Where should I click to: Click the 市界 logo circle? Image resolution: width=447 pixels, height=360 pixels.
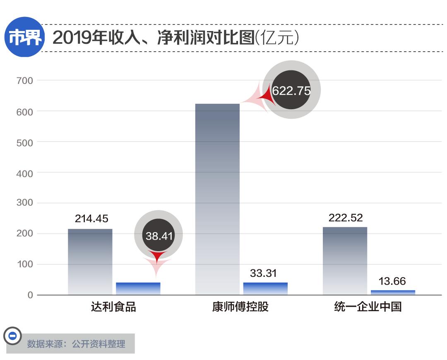click(24, 38)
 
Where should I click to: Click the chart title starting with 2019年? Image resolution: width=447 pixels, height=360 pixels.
click(176, 38)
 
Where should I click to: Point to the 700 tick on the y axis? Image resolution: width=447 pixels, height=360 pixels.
click(24, 81)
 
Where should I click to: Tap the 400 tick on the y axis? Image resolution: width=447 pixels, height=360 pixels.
click(24, 173)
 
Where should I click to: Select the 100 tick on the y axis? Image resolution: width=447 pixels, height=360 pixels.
click(24, 264)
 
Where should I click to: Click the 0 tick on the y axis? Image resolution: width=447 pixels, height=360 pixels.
click(30, 295)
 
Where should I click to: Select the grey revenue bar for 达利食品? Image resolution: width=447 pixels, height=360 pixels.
click(90, 262)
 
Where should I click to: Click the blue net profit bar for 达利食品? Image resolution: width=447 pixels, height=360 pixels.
click(138, 288)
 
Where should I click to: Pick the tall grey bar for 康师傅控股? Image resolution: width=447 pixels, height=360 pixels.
click(217, 199)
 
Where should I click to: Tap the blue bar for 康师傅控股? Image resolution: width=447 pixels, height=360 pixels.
click(265, 288)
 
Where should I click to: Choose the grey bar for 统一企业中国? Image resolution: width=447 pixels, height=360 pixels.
click(345, 261)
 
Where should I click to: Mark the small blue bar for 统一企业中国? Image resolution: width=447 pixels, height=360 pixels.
click(393, 292)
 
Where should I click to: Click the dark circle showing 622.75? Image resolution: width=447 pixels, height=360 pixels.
click(291, 90)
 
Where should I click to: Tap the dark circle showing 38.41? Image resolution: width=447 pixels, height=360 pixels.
click(159, 235)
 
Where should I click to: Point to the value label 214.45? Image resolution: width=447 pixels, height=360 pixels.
click(91, 218)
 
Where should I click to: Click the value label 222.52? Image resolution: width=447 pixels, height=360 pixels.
click(346, 218)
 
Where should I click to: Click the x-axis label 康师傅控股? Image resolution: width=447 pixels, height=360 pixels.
click(240, 307)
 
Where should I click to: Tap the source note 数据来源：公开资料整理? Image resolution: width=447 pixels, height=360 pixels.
click(76, 344)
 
